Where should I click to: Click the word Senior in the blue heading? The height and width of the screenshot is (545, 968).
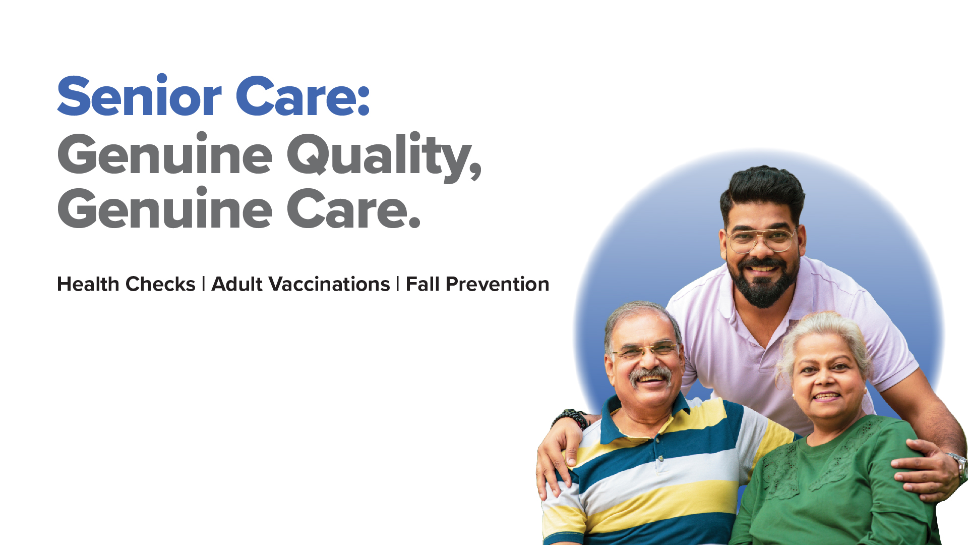click(x=139, y=95)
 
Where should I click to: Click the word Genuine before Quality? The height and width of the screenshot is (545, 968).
click(x=165, y=153)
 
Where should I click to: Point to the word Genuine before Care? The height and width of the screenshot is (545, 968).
click(x=165, y=208)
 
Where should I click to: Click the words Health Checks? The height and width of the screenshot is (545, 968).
click(x=126, y=284)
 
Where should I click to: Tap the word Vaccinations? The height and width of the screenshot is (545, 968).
click(x=329, y=284)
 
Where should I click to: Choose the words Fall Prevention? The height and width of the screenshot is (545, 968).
click(x=477, y=284)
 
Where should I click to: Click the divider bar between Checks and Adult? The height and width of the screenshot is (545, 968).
click(x=203, y=284)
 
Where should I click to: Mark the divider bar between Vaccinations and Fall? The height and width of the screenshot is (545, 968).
click(x=398, y=284)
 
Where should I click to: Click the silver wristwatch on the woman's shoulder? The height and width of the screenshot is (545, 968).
click(x=959, y=466)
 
